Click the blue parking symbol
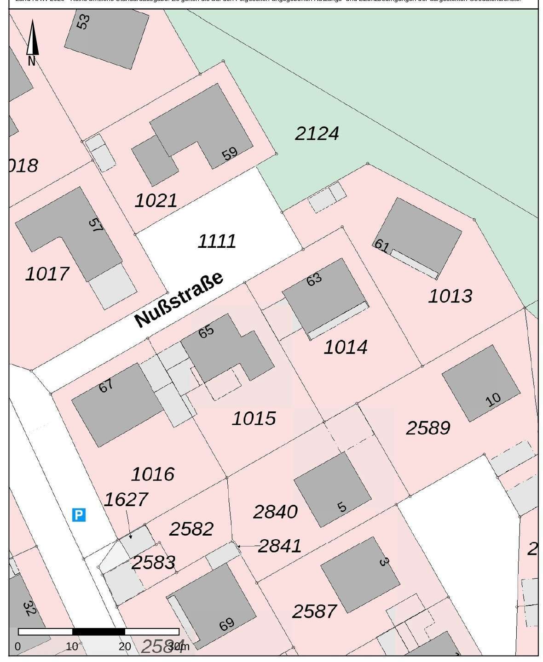pyautogui.click(x=79, y=515)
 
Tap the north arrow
pyautogui.click(x=32, y=39)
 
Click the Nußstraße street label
pyautogui.click(x=179, y=299)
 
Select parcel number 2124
pyautogui.click(x=317, y=134)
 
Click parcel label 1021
pyautogui.click(x=156, y=201)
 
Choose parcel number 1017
pyautogui.click(x=47, y=274)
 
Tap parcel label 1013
pyautogui.click(x=450, y=296)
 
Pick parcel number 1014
pyautogui.click(x=346, y=347)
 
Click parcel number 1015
pyautogui.click(x=254, y=419)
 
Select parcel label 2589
pyautogui.click(x=428, y=428)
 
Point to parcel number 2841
pyautogui.click(x=280, y=546)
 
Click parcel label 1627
pyautogui.click(x=126, y=499)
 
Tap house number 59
pyautogui.click(x=230, y=154)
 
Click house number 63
pyautogui.click(x=314, y=280)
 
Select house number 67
pyautogui.click(x=106, y=386)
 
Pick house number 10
pyautogui.click(x=493, y=399)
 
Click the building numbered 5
pyautogui.click(x=332, y=489)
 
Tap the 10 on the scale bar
pyautogui.click(x=72, y=646)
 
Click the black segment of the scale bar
pyautogui.click(x=98, y=632)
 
